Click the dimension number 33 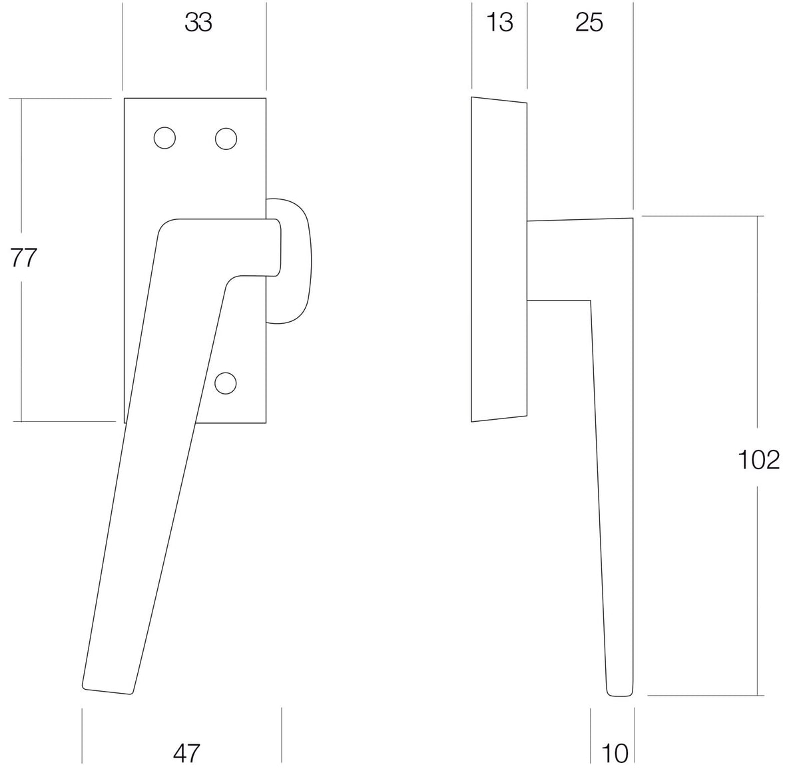[x=198, y=23]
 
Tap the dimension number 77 [x=23, y=258]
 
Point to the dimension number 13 [x=499, y=23]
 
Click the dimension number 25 [x=589, y=23]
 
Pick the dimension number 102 [x=759, y=460]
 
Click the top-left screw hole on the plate [x=164, y=138]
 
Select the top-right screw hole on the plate [x=226, y=139]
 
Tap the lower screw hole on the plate [x=226, y=383]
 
